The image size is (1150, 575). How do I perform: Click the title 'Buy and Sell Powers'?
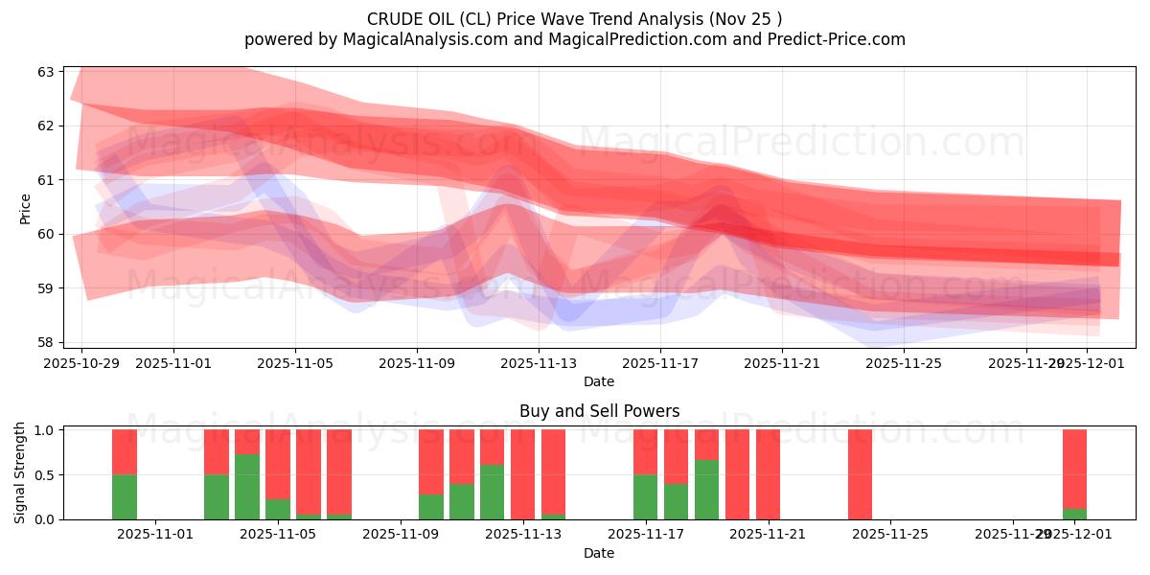pos(599,411)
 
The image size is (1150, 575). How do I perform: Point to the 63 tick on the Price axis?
pos(47,72)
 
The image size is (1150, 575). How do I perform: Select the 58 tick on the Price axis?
pos(47,342)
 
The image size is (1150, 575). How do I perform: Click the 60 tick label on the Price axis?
pos(47,234)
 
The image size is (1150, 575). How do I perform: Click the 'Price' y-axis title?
pos(25,209)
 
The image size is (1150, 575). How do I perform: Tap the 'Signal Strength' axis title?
pos(20,472)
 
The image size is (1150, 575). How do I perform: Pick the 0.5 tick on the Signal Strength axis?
pos(44,475)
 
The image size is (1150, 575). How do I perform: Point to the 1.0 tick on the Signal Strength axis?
pos(44,430)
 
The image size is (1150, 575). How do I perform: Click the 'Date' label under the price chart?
pos(599,381)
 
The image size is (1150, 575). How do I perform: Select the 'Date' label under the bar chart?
pos(599,553)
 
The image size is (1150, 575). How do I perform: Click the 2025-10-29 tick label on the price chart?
pos(81,363)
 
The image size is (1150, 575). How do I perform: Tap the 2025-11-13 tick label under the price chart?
pos(539,363)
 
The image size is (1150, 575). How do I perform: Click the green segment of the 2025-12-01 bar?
pos(1074,514)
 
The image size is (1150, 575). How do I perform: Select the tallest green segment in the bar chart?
pos(247,487)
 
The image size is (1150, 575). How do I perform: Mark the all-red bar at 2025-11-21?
pos(768,474)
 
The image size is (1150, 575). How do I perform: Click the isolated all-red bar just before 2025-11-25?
pos(860,474)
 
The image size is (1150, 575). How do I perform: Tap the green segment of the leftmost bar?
pos(125,496)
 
